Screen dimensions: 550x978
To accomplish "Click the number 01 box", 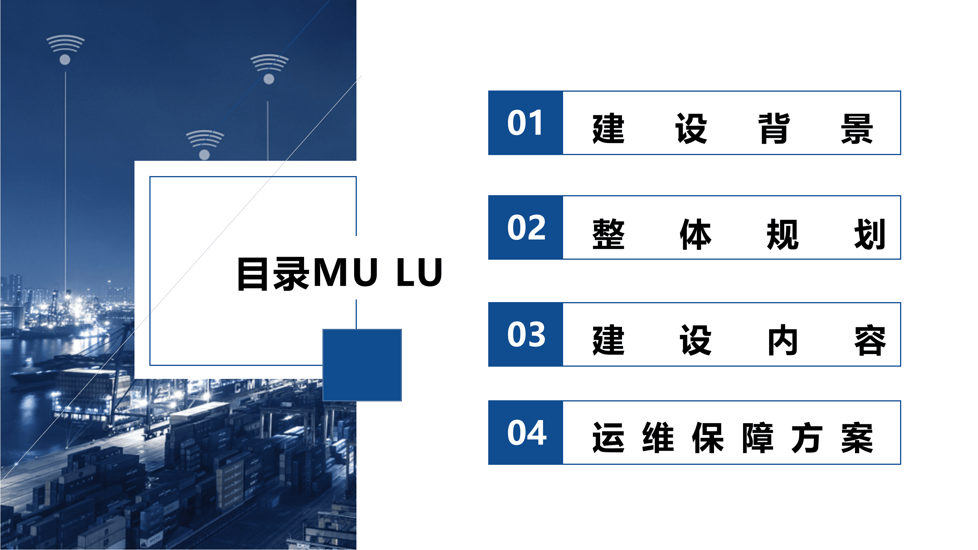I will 525,123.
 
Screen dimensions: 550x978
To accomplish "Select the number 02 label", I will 526,228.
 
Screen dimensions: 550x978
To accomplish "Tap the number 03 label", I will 526,335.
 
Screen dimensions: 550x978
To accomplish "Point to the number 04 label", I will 526,433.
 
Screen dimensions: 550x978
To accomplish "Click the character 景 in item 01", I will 857,129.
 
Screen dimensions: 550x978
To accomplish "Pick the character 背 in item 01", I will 774,129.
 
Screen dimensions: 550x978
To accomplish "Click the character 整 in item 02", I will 608,234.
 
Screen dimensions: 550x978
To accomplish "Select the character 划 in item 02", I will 870,234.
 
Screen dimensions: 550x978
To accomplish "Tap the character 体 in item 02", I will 695,234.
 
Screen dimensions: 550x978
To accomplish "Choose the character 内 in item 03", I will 782,340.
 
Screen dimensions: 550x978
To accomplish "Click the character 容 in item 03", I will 870,340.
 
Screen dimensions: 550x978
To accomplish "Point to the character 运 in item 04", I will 608,438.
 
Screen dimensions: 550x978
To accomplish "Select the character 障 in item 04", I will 758,438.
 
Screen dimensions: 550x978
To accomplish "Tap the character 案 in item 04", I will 857,438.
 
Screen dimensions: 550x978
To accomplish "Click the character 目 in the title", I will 253,273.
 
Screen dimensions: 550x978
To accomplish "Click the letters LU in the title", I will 419,272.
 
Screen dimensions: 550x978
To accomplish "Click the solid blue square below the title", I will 362,365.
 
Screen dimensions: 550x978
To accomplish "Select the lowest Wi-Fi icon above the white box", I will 205,144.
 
